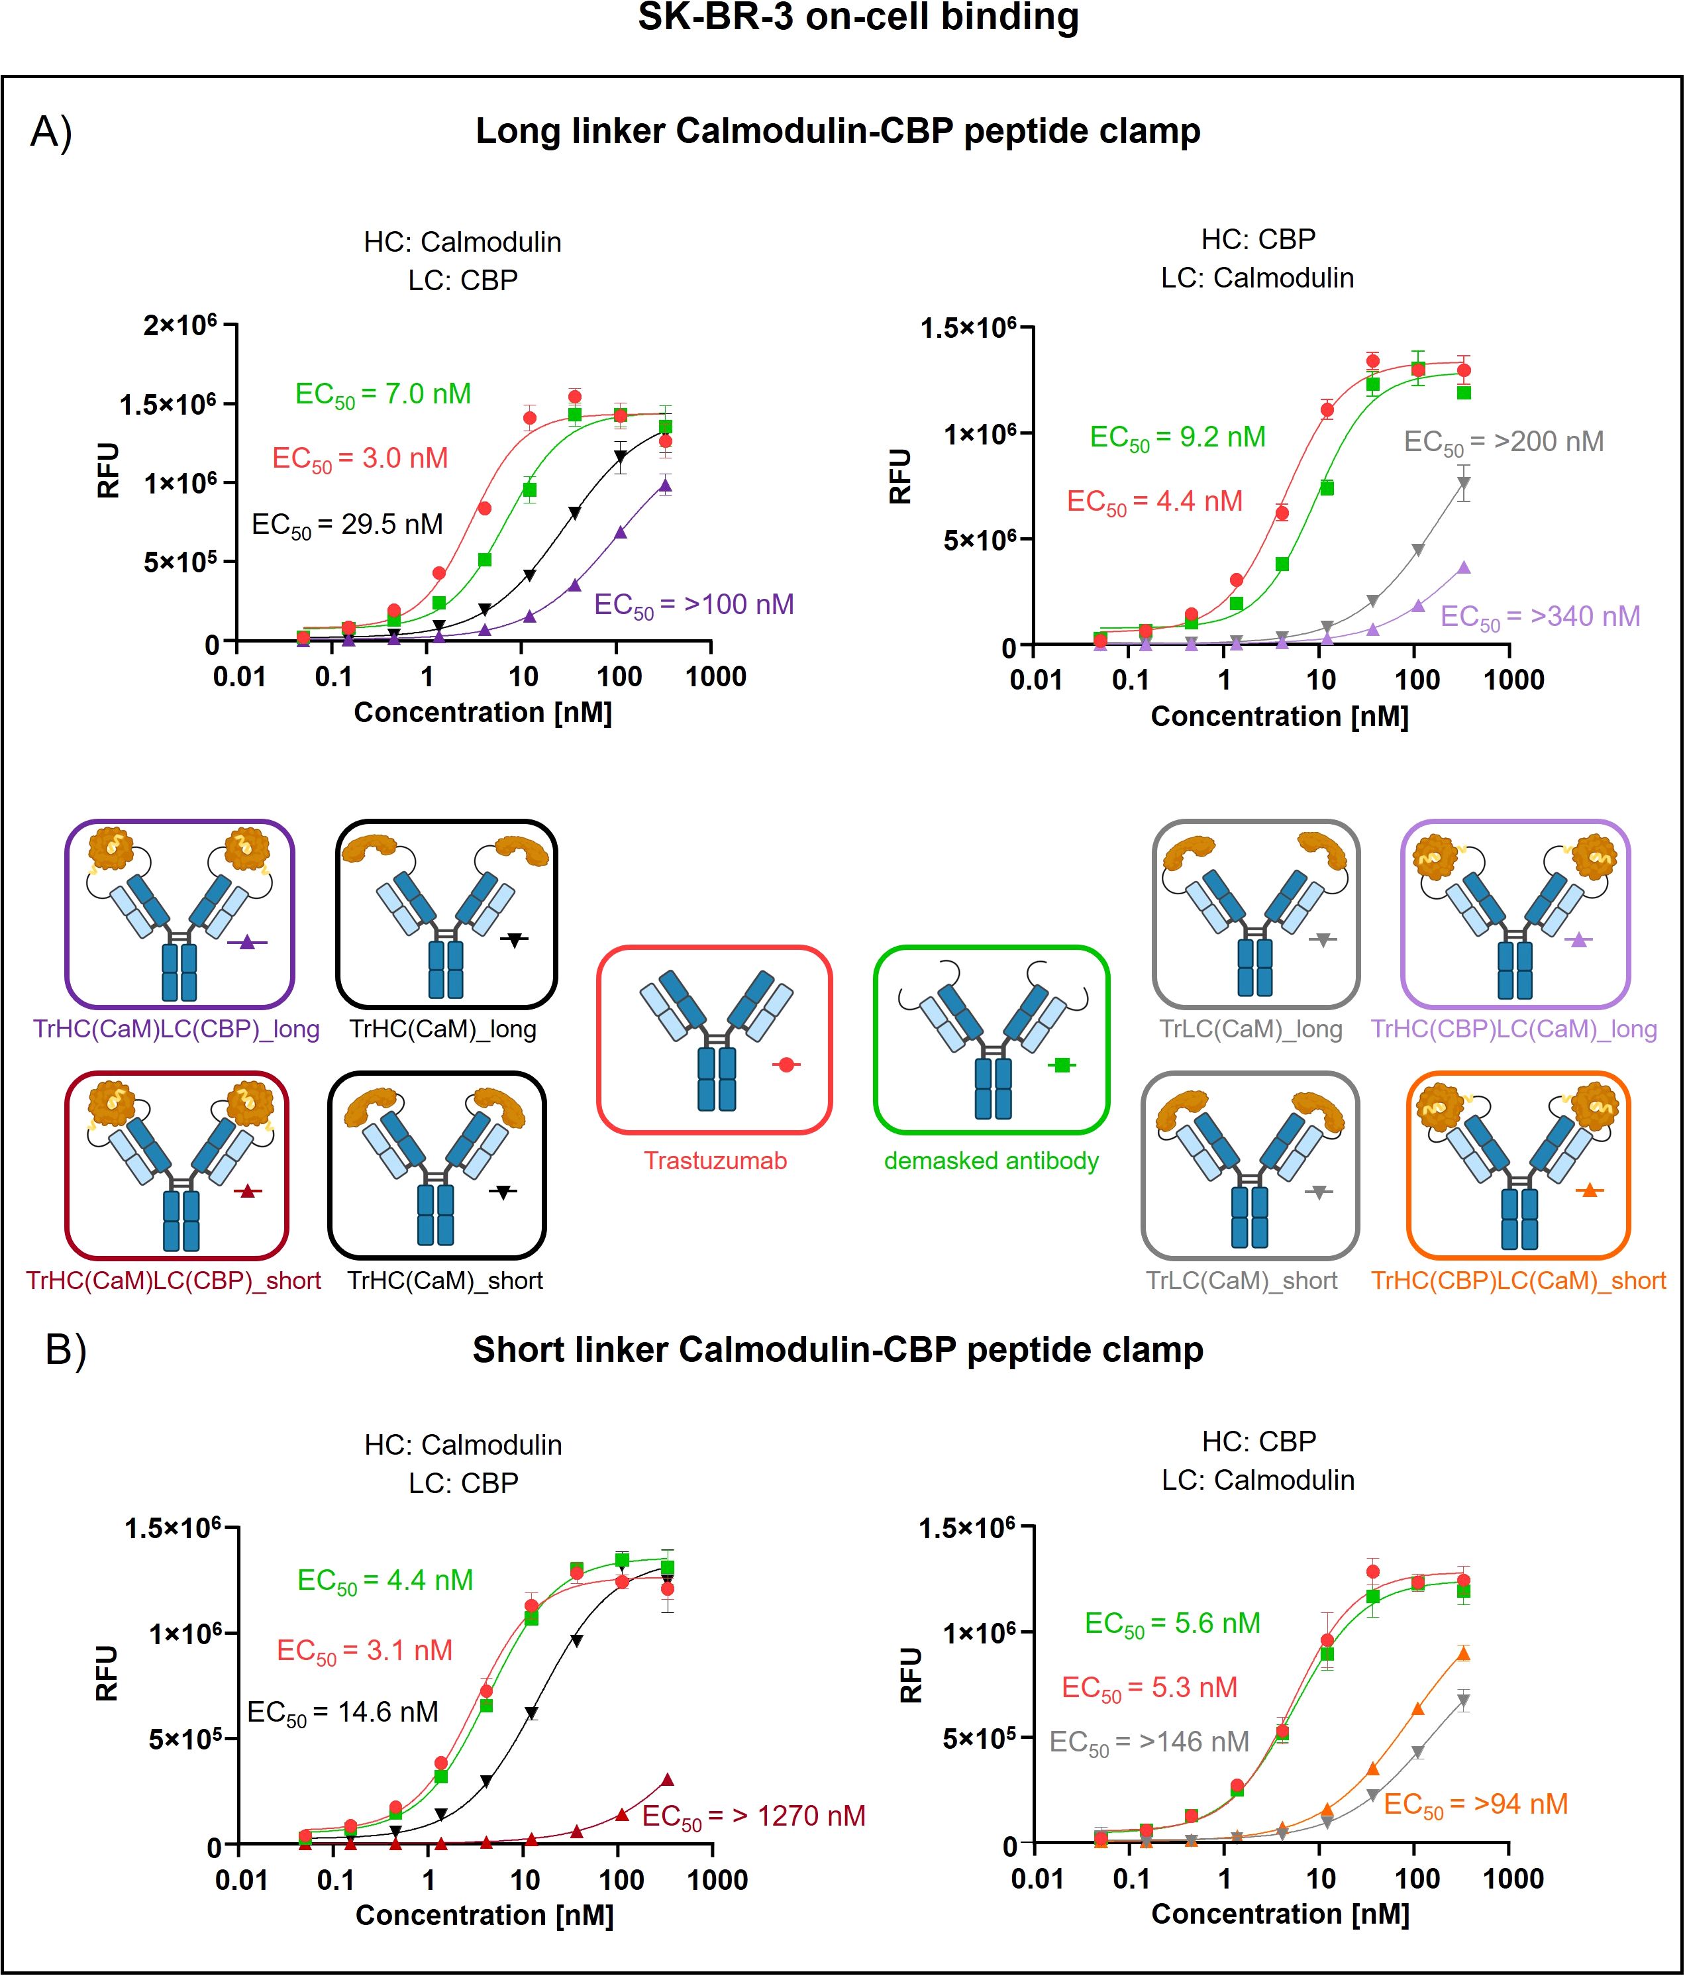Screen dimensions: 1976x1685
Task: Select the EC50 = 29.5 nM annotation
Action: (x=347, y=525)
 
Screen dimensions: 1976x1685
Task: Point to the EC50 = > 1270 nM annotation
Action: (x=753, y=1818)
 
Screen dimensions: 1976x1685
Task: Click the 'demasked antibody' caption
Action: (x=991, y=1161)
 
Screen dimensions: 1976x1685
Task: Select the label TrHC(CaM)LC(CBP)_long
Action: (x=176, y=1029)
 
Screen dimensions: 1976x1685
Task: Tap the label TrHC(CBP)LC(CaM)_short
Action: (x=1518, y=1280)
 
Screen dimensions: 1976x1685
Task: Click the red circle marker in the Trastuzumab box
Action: (x=786, y=1065)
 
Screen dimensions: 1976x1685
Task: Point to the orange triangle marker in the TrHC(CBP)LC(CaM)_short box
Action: (x=1589, y=1190)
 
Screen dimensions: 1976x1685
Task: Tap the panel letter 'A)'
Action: (x=52, y=132)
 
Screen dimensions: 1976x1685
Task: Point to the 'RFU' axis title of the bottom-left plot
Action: (x=106, y=1674)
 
